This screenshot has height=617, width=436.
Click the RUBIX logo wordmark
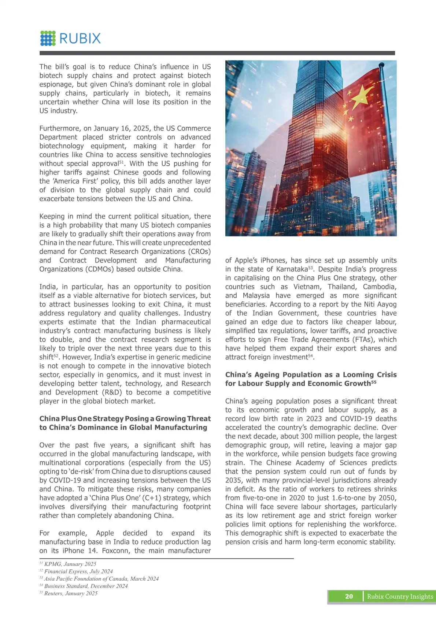(x=80, y=38)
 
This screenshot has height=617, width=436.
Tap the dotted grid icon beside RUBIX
(x=48, y=38)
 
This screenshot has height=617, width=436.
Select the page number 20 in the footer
(x=349, y=596)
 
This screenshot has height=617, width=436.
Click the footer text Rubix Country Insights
(x=400, y=596)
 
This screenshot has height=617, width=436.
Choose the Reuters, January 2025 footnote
(x=69, y=594)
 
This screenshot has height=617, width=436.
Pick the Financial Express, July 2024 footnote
(x=76, y=572)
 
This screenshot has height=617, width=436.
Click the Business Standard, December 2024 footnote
(x=84, y=586)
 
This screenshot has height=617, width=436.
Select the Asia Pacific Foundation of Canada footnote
(x=99, y=579)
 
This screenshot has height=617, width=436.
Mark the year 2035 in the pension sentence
(x=232, y=480)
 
